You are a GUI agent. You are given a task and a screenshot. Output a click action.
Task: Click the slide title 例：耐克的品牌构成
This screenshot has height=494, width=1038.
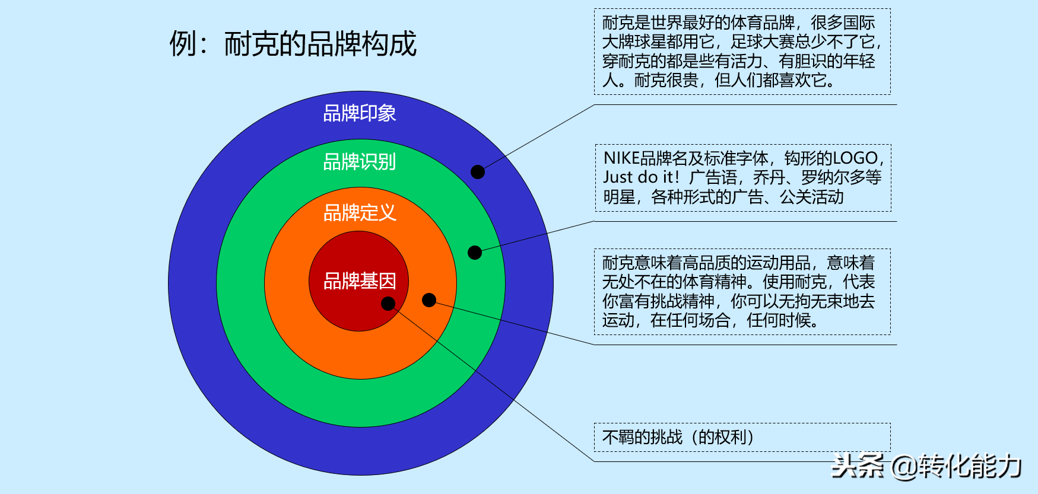293,44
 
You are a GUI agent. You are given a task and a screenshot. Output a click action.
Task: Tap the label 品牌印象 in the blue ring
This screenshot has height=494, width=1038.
360,113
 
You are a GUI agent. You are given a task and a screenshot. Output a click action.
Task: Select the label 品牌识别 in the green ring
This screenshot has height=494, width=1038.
360,161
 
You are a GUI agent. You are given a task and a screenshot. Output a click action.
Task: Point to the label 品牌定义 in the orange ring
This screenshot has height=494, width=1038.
360,212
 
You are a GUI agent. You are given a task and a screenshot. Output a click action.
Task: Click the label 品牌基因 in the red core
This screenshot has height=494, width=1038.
360,281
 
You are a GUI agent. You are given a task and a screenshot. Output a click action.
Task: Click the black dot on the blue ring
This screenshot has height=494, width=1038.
478,172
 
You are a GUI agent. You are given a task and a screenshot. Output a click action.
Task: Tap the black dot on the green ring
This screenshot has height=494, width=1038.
475,253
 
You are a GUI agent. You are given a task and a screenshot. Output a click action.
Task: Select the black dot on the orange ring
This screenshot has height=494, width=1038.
429,300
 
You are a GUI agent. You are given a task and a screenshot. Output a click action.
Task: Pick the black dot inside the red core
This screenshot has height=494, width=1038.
388,304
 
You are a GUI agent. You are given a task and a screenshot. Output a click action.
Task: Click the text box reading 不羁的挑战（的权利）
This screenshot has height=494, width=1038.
742,438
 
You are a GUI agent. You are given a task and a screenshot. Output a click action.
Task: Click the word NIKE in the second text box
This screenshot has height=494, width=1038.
621,158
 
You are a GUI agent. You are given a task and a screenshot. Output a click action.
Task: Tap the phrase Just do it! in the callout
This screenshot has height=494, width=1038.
641,177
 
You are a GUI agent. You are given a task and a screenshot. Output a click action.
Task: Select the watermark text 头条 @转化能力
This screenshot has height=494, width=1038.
926,467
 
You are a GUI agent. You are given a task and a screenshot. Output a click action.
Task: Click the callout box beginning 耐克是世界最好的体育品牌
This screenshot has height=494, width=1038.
742,52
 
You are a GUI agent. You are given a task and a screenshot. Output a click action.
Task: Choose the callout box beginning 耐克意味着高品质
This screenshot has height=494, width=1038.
742,292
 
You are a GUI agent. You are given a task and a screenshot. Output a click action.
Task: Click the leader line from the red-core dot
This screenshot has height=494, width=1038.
491,383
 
